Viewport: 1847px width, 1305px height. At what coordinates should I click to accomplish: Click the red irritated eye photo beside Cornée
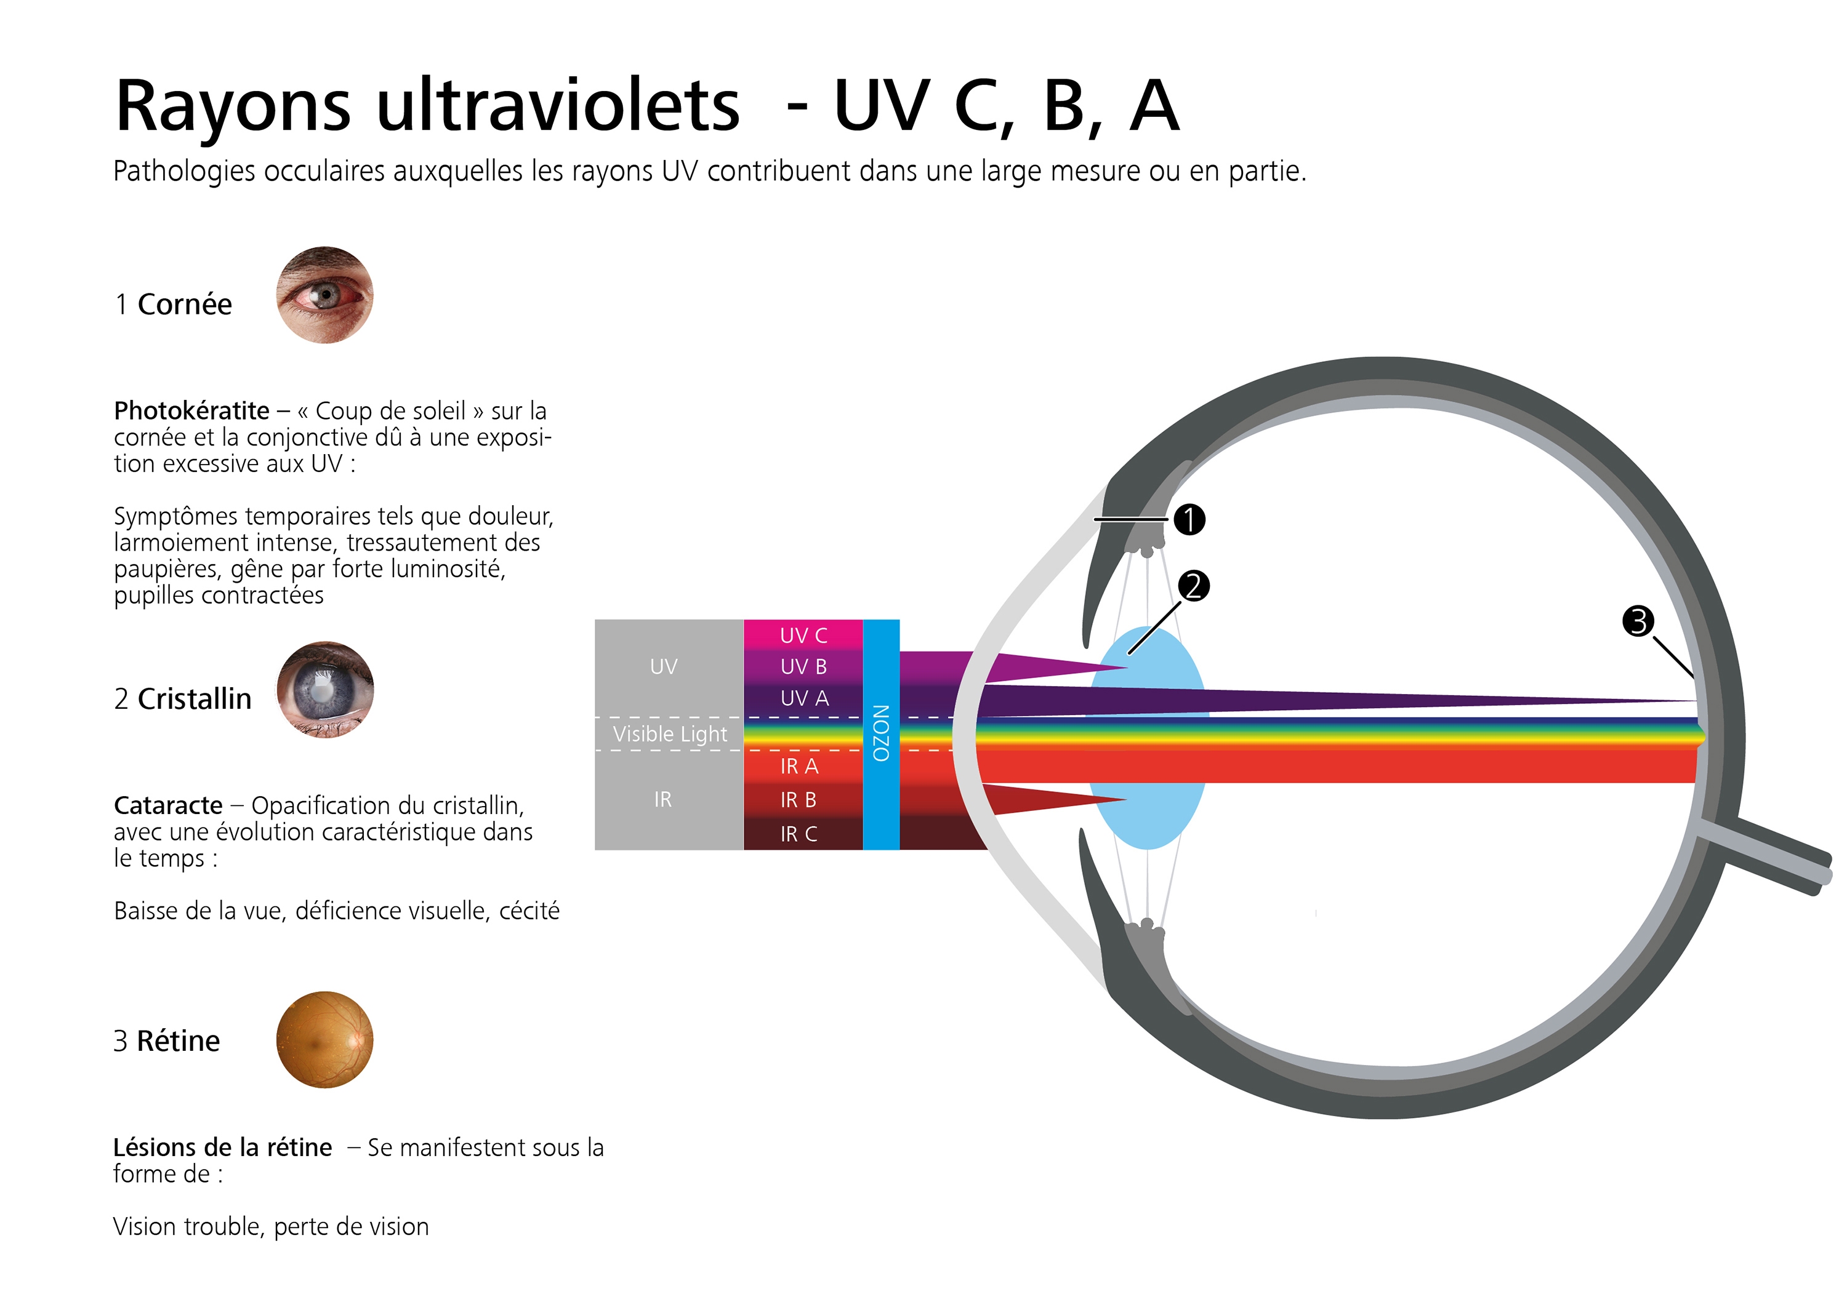325,295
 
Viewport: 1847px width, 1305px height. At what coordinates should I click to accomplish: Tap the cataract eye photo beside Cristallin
325,690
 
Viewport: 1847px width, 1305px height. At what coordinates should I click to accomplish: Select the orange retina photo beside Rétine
325,1040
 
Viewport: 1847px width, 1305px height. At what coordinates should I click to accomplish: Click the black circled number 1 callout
1189,519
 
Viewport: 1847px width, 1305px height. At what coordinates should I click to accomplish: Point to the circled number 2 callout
1194,586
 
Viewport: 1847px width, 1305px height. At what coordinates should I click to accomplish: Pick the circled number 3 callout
1638,621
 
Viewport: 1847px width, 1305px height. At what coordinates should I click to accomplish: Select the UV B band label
803,666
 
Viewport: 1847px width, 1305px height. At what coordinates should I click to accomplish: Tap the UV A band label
805,698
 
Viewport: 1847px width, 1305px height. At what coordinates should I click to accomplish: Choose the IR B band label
798,800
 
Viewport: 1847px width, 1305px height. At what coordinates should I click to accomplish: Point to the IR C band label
799,834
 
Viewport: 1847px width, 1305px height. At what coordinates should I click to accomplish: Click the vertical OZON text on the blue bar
881,733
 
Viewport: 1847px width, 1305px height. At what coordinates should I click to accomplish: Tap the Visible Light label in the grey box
670,734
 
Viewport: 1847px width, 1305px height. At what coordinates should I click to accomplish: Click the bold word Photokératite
191,411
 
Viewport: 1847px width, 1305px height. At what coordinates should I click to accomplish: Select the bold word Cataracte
168,805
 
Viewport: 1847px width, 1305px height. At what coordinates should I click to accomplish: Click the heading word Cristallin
195,699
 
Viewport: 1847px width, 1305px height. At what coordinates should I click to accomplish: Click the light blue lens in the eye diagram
1148,738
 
